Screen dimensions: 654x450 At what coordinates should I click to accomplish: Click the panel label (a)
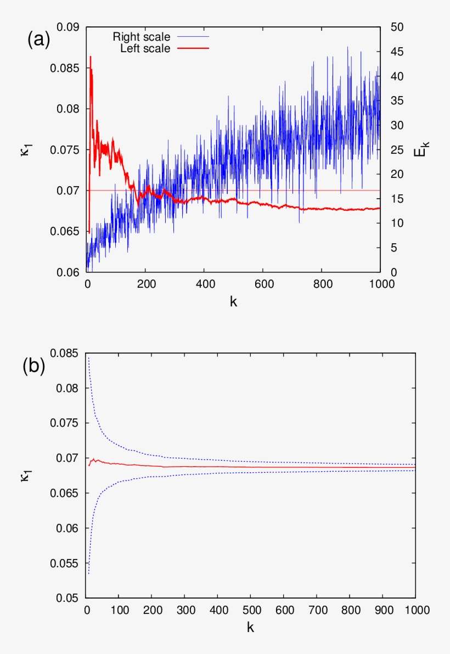click(x=39, y=40)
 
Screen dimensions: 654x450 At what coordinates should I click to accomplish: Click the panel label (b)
click(x=34, y=366)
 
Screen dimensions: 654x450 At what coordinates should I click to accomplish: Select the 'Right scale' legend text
click(x=141, y=37)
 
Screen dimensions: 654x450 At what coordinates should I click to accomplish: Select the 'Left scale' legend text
click(x=145, y=48)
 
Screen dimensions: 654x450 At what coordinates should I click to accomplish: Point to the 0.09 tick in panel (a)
click(x=70, y=27)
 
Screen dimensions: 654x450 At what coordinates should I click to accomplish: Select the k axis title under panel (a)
click(x=234, y=301)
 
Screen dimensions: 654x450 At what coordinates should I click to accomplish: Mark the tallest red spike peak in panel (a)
click(x=91, y=57)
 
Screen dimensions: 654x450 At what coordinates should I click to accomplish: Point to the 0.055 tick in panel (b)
click(x=67, y=563)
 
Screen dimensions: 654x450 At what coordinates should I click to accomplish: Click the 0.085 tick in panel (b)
click(x=67, y=353)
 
